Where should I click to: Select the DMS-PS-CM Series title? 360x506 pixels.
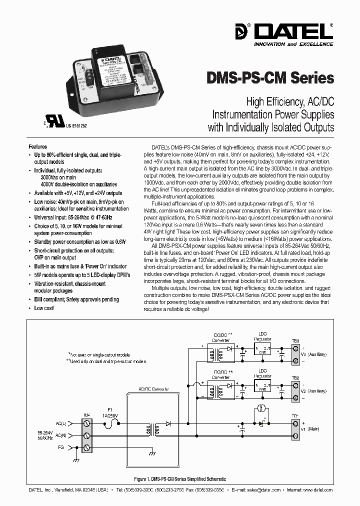pos(270,78)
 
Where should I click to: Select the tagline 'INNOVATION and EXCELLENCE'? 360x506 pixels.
pos(293,44)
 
